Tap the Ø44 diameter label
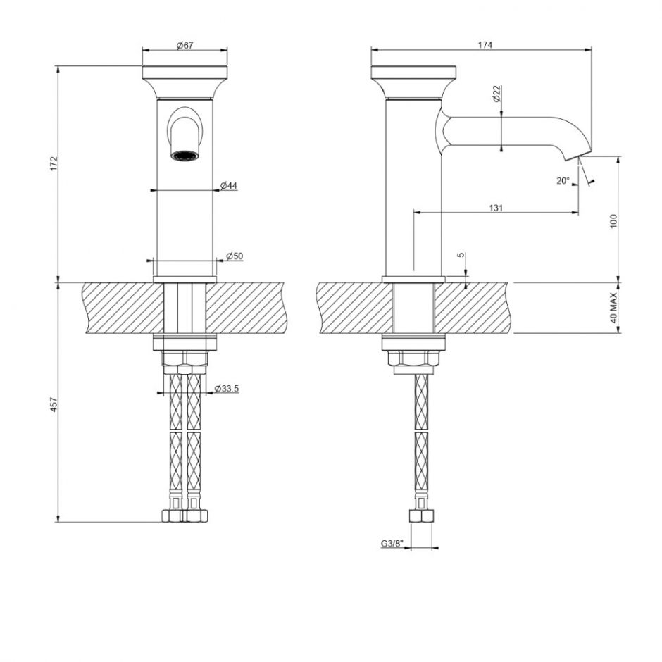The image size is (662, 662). (x=228, y=185)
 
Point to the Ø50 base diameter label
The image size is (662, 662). (x=234, y=255)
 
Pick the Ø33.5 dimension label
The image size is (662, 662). (x=226, y=389)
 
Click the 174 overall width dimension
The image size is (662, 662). (x=484, y=45)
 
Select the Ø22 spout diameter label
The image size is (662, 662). (x=496, y=93)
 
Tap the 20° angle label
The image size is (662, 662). (x=562, y=181)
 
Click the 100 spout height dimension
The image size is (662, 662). (x=613, y=220)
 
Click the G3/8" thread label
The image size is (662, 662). (x=392, y=543)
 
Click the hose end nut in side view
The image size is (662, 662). (x=421, y=516)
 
